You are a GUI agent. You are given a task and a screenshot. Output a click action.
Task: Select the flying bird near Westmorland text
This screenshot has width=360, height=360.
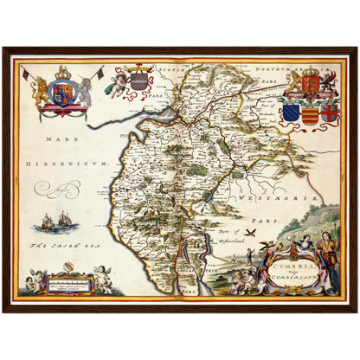(249, 232)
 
